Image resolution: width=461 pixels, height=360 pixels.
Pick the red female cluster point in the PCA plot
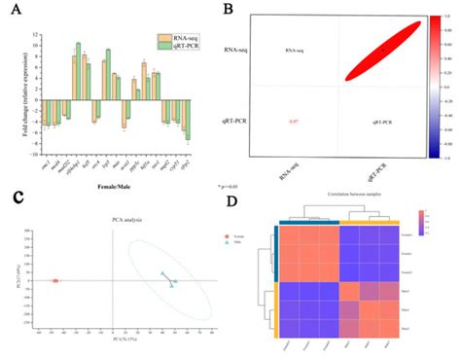click(x=55, y=280)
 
